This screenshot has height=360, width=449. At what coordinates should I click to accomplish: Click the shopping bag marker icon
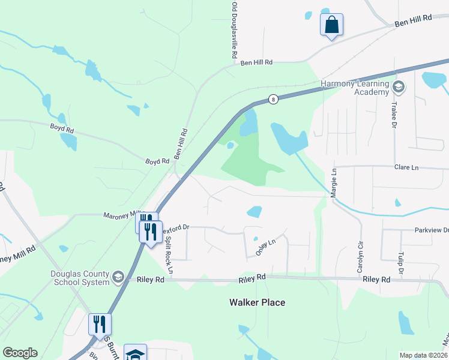coord(331,25)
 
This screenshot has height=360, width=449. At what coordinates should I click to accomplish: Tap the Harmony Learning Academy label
coord(355,88)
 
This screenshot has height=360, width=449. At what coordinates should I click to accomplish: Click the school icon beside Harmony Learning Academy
coord(397,88)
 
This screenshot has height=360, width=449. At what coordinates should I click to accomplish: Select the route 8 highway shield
coord(273,100)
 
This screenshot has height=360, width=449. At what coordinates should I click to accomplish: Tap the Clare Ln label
coord(406,167)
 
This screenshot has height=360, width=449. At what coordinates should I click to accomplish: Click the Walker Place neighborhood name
coord(257,302)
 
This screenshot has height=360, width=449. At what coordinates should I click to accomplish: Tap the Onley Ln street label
coord(265,247)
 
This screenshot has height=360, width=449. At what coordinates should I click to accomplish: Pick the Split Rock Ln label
coord(169,259)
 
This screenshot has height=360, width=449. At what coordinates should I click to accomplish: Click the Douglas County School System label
coord(79,278)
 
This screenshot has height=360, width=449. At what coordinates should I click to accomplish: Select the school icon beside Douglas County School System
coord(118,277)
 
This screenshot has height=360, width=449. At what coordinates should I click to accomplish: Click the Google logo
coord(20,353)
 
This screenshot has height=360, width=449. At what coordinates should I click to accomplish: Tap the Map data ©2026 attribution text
coord(424,355)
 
